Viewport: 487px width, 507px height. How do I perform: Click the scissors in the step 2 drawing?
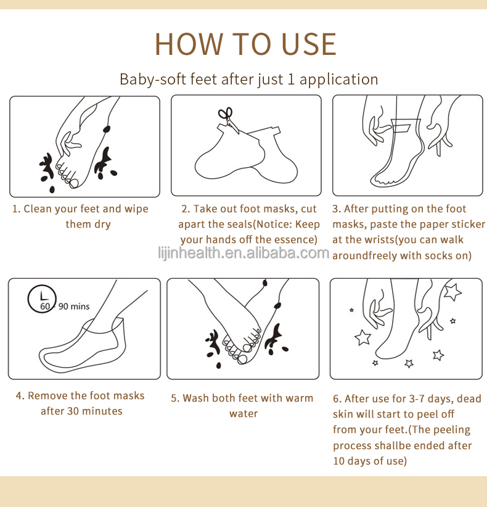[x=229, y=120]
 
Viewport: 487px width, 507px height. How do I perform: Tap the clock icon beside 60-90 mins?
[x=42, y=299]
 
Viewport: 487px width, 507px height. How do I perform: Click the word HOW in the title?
[x=189, y=44]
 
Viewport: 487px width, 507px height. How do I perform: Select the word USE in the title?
[x=309, y=44]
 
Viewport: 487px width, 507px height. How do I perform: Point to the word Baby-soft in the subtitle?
[x=152, y=79]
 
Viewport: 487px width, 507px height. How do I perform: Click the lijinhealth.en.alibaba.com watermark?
[x=243, y=252]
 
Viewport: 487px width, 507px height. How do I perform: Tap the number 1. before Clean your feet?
[x=16, y=209]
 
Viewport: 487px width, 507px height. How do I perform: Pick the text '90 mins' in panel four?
[x=74, y=306]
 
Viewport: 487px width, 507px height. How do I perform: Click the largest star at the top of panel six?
[x=452, y=291]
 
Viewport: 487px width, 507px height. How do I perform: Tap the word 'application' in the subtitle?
[x=338, y=80]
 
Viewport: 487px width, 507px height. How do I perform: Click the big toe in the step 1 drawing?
[x=74, y=183]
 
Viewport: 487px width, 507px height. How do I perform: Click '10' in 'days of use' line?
[x=338, y=461]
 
